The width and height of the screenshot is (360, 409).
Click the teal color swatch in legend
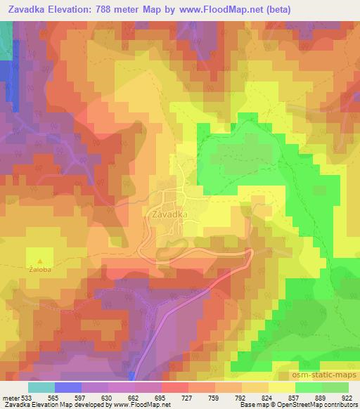tap(42, 387)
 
